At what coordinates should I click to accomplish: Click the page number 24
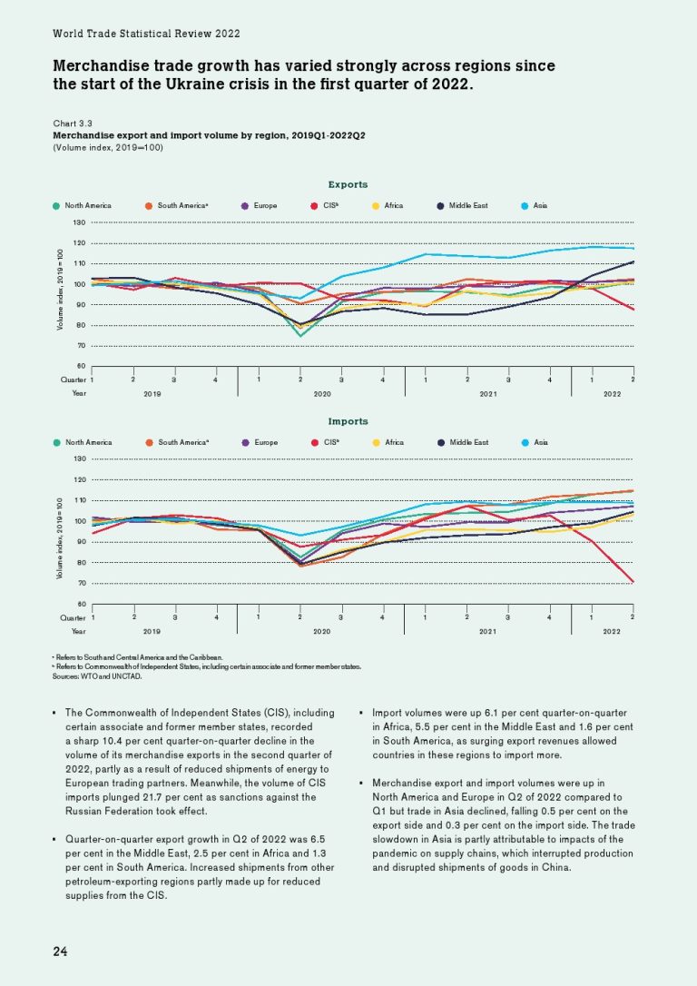point(60,951)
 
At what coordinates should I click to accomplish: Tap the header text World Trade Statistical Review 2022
point(146,34)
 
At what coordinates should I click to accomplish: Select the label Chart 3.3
point(74,122)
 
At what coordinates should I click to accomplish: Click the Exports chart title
point(348,184)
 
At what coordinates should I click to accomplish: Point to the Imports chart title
point(348,421)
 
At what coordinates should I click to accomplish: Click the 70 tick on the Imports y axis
point(80,584)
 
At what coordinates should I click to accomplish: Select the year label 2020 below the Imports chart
point(320,630)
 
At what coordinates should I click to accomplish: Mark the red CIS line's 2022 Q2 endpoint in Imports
point(633,582)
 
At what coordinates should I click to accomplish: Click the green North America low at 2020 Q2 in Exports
point(299,336)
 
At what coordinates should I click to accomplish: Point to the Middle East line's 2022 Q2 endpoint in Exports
point(633,261)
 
